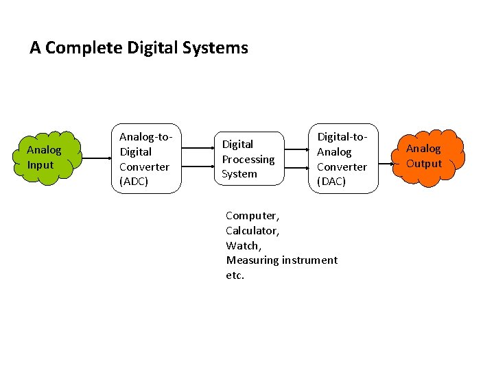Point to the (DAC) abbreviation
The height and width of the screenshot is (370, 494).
coord(331,182)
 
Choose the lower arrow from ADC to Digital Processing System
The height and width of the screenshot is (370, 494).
coord(200,169)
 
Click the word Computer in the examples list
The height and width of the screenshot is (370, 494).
coord(251,215)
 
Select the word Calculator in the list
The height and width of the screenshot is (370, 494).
coord(251,230)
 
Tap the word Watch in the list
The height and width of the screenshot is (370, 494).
coord(242,245)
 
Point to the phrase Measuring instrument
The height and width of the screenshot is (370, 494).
coord(281,260)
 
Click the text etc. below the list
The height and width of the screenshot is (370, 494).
coord(235,275)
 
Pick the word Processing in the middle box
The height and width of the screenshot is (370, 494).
coord(248,159)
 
